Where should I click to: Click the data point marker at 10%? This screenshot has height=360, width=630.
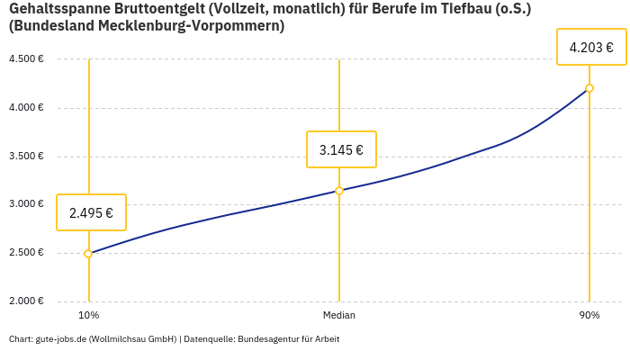pyautogui.click(x=88, y=254)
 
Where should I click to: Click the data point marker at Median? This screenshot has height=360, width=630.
pyautogui.click(x=339, y=191)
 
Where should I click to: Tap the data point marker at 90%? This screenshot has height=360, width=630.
pyautogui.click(x=589, y=88)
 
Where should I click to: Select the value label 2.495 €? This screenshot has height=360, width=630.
pyautogui.click(x=91, y=213)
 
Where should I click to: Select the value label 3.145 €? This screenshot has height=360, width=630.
pyautogui.click(x=341, y=149)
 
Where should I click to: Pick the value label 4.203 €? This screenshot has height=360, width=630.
pyautogui.click(x=591, y=47)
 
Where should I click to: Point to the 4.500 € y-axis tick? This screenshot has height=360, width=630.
pyautogui.click(x=26, y=59)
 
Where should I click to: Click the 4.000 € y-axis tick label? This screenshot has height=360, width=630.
pyautogui.click(x=26, y=108)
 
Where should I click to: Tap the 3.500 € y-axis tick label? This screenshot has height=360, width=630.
pyautogui.click(x=26, y=157)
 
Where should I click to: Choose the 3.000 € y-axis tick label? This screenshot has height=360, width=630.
pyautogui.click(x=26, y=204)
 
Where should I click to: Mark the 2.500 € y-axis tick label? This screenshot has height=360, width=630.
pyautogui.click(x=26, y=253)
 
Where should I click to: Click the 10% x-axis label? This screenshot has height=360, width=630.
pyautogui.click(x=88, y=316)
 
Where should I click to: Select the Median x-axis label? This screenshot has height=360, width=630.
pyautogui.click(x=339, y=316)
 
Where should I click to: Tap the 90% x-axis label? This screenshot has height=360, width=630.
pyautogui.click(x=589, y=316)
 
